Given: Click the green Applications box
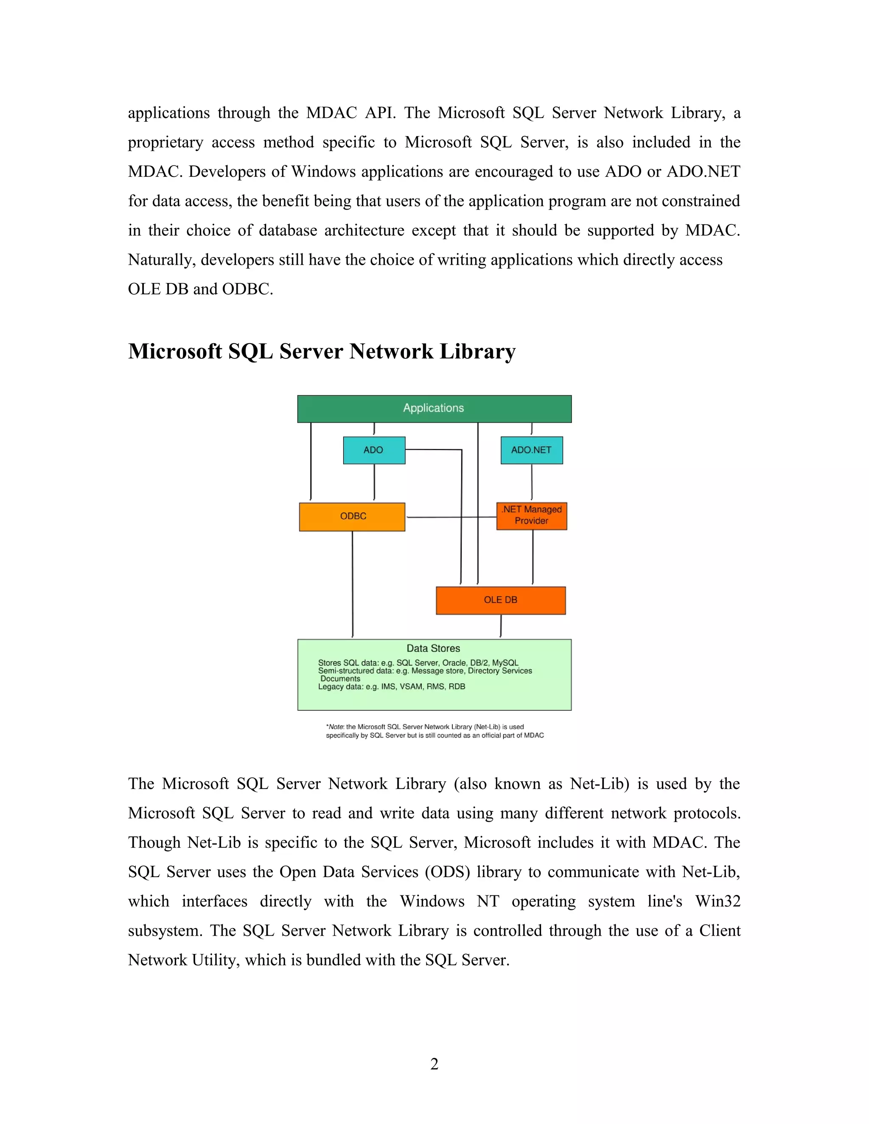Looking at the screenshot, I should [x=434, y=408].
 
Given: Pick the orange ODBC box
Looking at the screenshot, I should [x=352, y=517].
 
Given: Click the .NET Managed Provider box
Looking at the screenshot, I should [x=531, y=516].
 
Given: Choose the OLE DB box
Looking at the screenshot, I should [x=500, y=600].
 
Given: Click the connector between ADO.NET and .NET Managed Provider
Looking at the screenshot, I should [x=532, y=483].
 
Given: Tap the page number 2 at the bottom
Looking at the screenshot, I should [x=434, y=1063].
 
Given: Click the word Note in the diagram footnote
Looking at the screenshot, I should [x=336, y=727].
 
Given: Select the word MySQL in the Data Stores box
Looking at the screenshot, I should [x=505, y=663].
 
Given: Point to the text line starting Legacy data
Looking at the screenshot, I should [x=391, y=687].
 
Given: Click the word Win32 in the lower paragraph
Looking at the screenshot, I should [x=717, y=901].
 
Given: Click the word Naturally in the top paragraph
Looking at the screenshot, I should [x=161, y=260].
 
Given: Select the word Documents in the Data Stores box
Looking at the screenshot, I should [x=340, y=679].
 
